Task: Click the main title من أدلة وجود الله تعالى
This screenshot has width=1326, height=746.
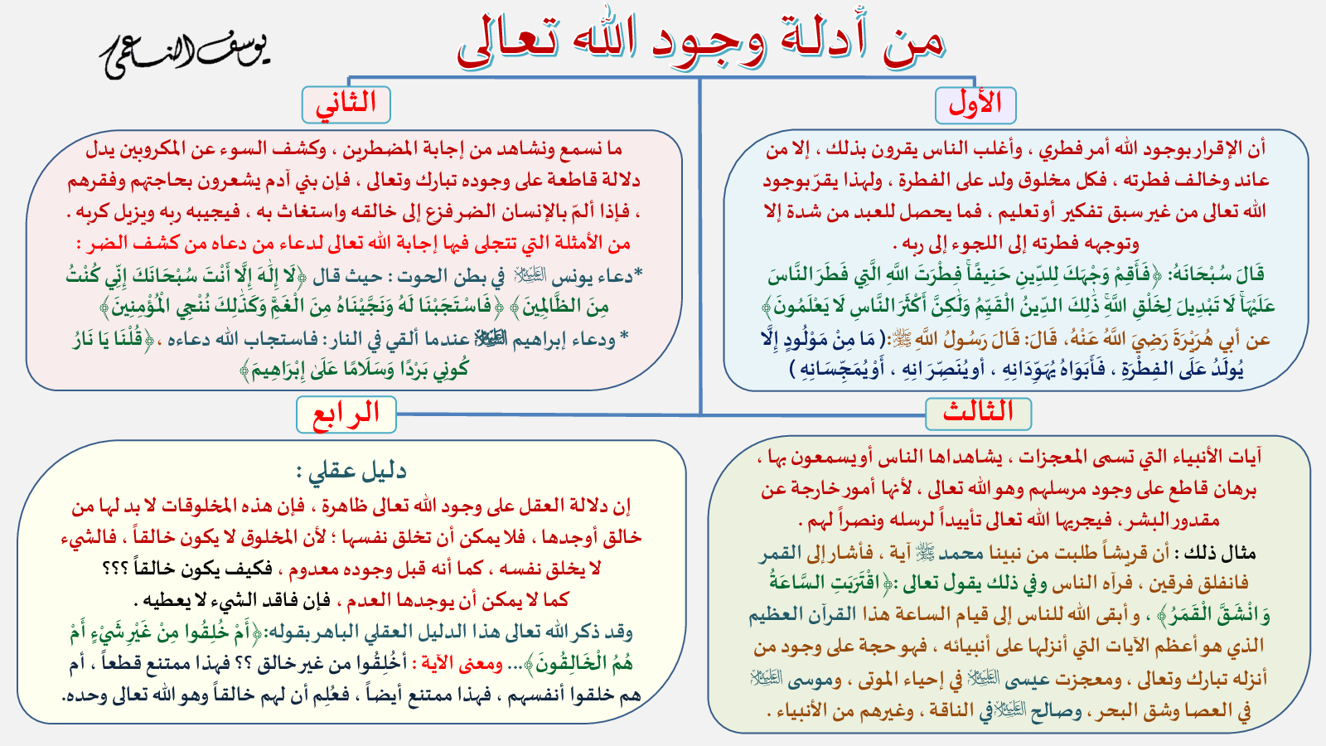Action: click(701, 41)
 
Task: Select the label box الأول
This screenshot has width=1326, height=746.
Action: click(975, 105)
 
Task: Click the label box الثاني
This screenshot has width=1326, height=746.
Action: click(346, 104)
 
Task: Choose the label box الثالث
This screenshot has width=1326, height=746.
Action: click(978, 414)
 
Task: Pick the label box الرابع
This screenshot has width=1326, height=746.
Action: click(346, 414)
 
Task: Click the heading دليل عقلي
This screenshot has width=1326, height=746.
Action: click(351, 472)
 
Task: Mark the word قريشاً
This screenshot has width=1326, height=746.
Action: click(1119, 553)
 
